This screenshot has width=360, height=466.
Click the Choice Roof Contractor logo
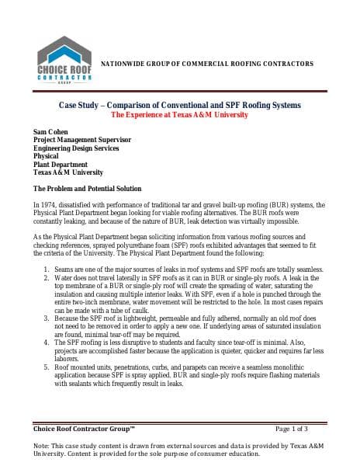click(x=65, y=61)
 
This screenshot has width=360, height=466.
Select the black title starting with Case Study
click(x=180, y=105)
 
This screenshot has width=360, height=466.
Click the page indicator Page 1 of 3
click(x=292, y=428)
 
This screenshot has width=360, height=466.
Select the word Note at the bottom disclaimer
click(x=43, y=446)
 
